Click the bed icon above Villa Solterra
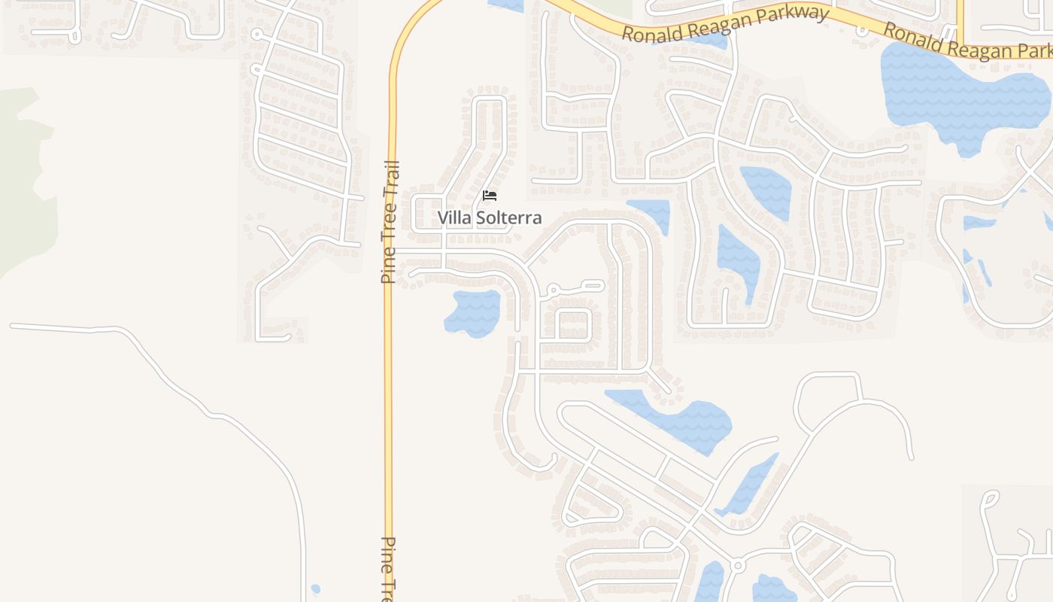click(x=490, y=196)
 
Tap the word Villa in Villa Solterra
click(x=455, y=218)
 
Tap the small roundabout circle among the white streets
click(x=737, y=565)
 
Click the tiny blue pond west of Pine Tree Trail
click(x=315, y=589)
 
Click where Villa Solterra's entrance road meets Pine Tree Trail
click(x=390, y=250)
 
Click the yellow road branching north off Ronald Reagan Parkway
click(x=960, y=19)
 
